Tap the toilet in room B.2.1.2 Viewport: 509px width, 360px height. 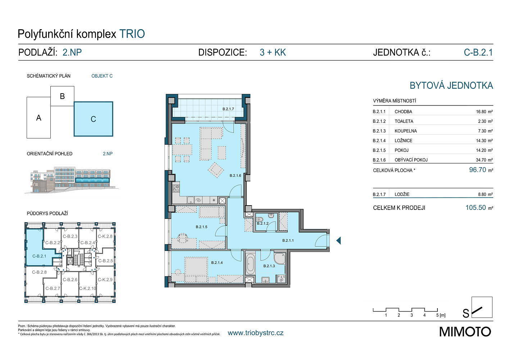[259, 220]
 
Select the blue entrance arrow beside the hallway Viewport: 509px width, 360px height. [338, 240]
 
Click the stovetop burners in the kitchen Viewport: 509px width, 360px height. [176, 188]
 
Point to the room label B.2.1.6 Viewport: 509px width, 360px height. [235, 176]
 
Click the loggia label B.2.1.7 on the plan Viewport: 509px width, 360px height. [228, 109]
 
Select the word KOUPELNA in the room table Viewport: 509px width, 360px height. [406, 131]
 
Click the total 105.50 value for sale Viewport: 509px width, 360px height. [476, 207]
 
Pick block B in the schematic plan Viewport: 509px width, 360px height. [62, 96]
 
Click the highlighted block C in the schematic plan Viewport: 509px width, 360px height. [94, 119]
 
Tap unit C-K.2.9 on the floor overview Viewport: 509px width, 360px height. [105, 279]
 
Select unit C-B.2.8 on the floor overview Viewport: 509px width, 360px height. [39, 272]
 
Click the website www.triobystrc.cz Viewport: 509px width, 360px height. [256, 333]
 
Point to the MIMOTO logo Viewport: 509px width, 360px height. [465, 332]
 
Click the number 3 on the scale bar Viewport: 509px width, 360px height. [412, 315]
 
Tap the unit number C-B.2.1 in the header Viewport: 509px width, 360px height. [478, 52]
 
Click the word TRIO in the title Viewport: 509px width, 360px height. [132, 34]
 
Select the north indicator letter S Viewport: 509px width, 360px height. [466, 313]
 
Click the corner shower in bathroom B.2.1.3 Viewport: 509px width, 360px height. [280, 258]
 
